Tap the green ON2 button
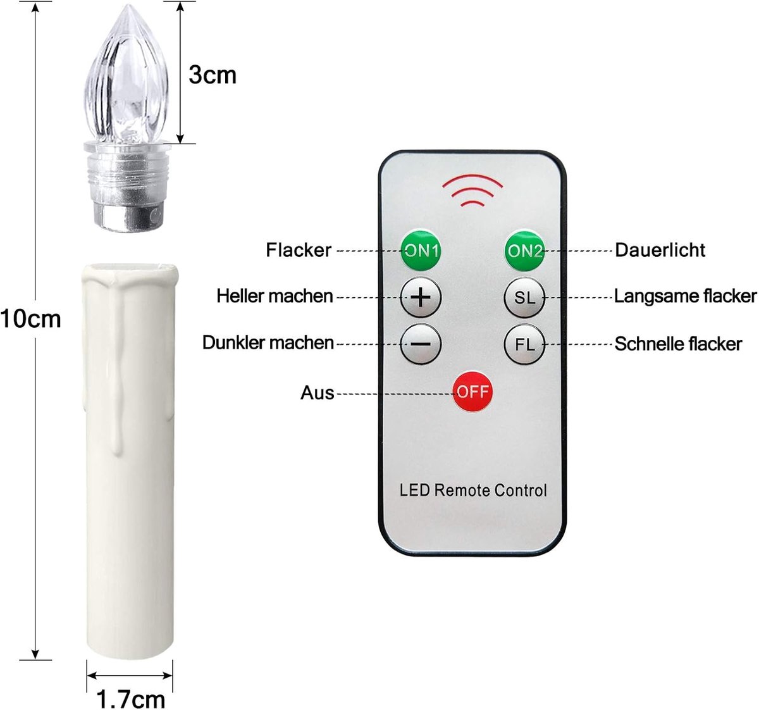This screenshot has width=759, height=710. (x=525, y=251)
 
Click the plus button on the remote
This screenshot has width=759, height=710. (x=421, y=297)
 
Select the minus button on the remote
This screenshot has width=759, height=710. (x=421, y=344)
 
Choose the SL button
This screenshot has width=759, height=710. (x=525, y=297)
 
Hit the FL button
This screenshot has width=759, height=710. (x=525, y=344)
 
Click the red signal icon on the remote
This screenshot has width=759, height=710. (x=472, y=190)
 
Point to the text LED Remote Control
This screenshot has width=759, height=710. (x=473, y=490)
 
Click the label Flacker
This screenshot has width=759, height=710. (x=299, y=250)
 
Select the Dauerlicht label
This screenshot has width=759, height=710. (x=660, y=250)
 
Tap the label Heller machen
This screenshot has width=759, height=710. (x=275, y=296)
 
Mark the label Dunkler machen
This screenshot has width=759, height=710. (x=268, y=343)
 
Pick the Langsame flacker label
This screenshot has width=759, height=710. (x=685, y=296)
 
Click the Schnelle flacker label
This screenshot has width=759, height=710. (x=679, y=344)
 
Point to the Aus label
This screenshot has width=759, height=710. (x=318, y=393)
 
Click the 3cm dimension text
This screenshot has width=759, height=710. (x=213, y=75)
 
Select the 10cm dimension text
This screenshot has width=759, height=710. (x=30, y=319)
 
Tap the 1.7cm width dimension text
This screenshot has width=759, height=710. (x=131, y=699)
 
